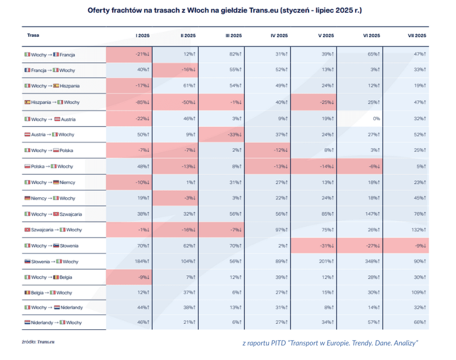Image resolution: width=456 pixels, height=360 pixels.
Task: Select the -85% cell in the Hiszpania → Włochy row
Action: (x=142, y=102)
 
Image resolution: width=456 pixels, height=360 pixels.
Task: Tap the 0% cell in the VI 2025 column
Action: (x=376, y=119)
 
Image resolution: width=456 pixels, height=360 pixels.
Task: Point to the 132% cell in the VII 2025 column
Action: (x=418, y=230)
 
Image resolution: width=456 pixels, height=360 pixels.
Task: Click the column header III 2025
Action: (x=233, y=36)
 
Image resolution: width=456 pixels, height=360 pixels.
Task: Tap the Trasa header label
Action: (x=33, y=36)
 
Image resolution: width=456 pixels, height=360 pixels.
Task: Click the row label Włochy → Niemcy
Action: (x=50, y=183)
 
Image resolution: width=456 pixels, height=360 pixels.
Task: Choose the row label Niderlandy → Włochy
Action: (x=53, y=323)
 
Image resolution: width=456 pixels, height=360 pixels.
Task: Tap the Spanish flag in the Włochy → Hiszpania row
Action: (x=56, y=86)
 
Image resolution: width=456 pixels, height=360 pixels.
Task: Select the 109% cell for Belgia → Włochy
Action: (x=418, y=293)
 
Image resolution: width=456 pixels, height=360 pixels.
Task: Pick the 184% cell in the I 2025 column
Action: (x=143, y=261)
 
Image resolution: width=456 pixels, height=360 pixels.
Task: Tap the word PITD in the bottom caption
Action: (x=279, y=343)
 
